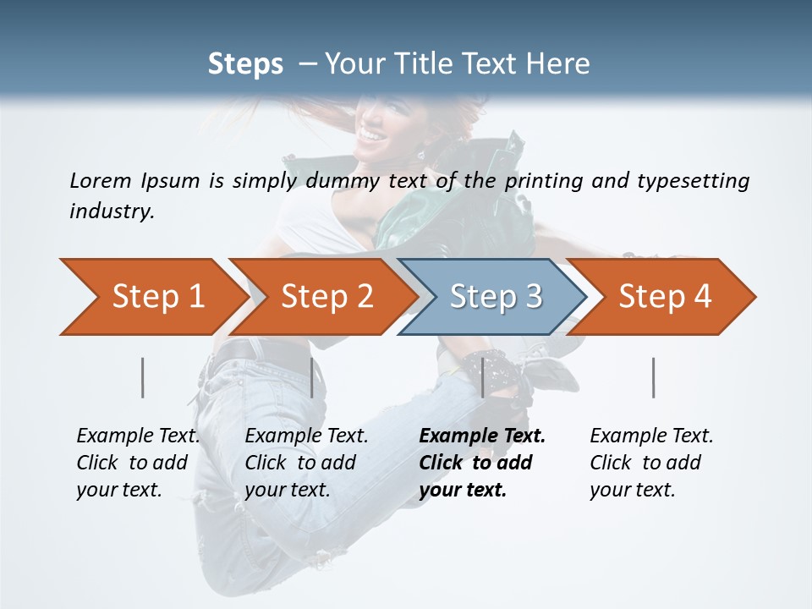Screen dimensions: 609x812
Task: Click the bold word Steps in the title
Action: tap(245, 64)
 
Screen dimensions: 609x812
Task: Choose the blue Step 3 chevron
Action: tap(496, 297)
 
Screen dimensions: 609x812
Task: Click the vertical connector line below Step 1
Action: tap(143, 377)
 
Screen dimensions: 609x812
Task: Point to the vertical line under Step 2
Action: tap(312, 377)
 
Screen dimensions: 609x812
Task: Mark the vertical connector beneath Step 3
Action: tap(483, 377)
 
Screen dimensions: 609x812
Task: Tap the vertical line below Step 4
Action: tap(654, 377)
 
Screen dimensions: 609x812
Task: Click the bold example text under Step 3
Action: tap(482, 463)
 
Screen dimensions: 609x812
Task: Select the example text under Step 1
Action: tap(138, 463)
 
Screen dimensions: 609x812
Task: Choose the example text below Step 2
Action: tap(306, 463)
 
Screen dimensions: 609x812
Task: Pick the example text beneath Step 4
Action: tap(651, 463)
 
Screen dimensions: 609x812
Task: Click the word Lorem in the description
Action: tap(101, 180)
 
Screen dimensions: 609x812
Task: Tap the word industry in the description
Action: tap(112, 211)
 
